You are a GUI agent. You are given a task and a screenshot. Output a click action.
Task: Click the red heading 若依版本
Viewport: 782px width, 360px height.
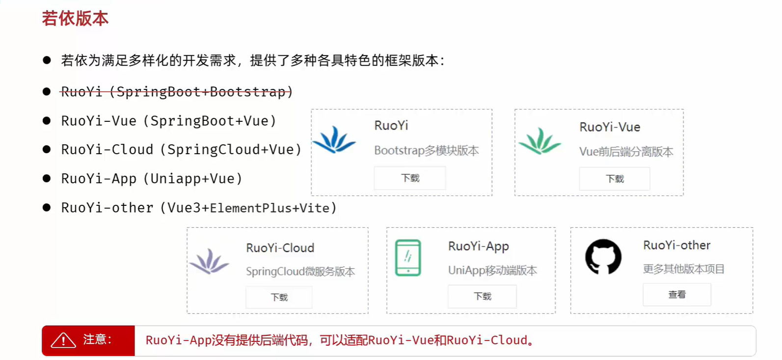click(75, 19)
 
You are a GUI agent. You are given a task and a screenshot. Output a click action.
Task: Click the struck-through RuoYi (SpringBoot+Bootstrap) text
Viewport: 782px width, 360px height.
click(177, 92)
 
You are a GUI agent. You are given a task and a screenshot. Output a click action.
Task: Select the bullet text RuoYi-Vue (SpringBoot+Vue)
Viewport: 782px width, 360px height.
click(168, 121)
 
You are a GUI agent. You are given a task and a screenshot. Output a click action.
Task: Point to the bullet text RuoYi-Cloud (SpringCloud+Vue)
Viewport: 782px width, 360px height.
click(181, 150)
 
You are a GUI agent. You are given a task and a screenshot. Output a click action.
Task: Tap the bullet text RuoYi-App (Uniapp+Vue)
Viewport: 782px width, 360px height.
click(152, 179)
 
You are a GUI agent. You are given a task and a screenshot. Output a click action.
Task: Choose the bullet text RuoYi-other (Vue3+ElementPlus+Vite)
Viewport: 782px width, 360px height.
click(199, 208)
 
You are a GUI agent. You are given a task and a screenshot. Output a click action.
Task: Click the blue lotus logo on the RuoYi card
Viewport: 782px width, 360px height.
click(334, 140)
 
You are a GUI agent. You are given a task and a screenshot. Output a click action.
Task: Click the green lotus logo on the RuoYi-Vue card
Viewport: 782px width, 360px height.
click(539, 141)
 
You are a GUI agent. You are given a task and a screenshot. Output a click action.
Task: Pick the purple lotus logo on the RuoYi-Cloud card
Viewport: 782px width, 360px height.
click(210, 261)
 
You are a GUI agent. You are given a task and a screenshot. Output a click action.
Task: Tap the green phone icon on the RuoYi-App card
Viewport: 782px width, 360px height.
click(408, 258)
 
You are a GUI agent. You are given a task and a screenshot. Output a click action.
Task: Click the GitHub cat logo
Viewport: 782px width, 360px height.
click(603, 256)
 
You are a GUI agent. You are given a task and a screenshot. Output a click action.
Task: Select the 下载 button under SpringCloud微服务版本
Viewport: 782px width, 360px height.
click(279, 298)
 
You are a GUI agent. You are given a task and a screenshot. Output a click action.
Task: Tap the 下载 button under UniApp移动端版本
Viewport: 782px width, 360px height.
click(482, 297)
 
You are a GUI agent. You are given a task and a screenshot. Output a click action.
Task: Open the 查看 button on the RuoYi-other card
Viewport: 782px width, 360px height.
click(677, 295)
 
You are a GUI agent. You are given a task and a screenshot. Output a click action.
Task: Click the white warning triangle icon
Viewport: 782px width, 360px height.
click(63, 340)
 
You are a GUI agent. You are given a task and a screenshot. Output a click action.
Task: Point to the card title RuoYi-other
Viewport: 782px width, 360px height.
click(676, 245)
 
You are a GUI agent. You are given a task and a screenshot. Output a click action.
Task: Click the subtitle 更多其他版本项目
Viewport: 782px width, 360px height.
click(683, 269)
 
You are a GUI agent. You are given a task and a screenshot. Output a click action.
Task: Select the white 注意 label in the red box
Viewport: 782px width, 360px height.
click(97, 339)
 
